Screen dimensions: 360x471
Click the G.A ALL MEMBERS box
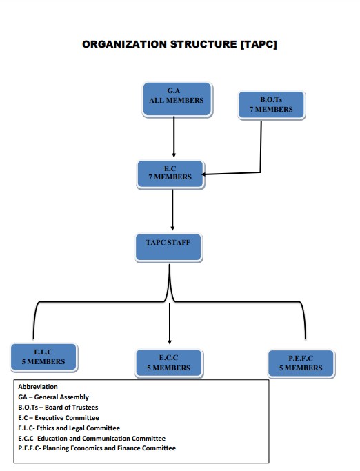177,99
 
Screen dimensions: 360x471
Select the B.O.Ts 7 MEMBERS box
272,105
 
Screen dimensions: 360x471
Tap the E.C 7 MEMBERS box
170,174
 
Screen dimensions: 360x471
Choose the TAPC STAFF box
168,248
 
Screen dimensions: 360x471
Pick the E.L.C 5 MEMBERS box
44,357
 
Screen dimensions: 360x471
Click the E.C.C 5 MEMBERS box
169,363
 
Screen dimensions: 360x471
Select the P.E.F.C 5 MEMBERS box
301,363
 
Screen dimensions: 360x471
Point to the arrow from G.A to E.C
174,137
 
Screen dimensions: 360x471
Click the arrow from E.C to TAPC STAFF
172,210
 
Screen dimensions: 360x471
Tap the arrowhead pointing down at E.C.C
170,342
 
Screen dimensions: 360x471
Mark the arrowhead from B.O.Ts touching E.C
203,174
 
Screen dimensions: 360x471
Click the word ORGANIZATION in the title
125,44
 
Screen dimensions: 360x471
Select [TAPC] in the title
259,44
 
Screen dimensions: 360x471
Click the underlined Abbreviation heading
38,387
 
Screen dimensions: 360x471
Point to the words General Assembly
61,397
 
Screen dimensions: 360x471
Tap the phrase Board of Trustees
72,408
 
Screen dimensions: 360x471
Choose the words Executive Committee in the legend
67,417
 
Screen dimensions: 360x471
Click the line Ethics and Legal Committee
69,428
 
